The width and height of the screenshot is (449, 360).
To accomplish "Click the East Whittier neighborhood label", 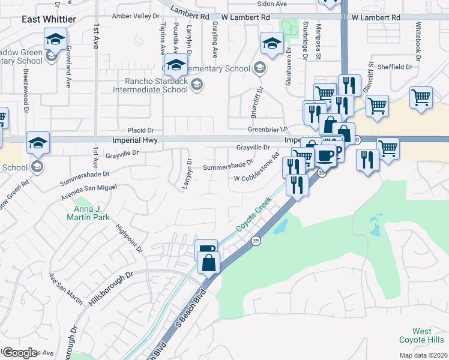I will click(x=49, y=19).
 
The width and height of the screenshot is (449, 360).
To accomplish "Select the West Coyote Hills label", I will click(x=430, y=336).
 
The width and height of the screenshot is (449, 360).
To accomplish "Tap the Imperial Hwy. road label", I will click(x=134, y=140).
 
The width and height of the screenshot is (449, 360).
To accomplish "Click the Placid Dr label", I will click(x=141, y=130).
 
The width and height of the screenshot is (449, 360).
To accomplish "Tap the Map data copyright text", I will click(x=422, y=355).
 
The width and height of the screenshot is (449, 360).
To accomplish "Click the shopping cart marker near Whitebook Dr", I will click(x=421, y=97).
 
